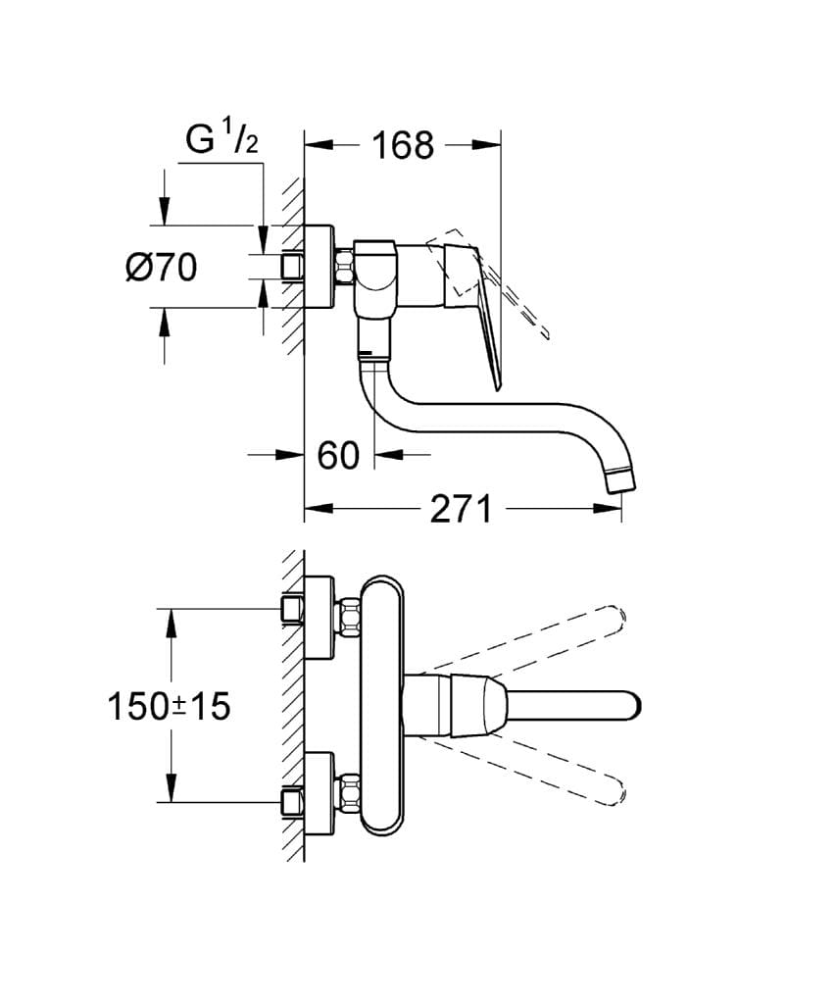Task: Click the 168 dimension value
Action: click(402, 145)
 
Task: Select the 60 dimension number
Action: click(338, 455)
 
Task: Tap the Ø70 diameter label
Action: click(162, 267)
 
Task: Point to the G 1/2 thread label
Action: click(222, 140)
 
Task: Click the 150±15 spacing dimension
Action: click(169, 705)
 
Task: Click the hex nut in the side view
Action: click(343, 267)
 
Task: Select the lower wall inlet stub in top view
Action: click(289, 802)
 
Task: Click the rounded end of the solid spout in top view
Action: click(632, 706)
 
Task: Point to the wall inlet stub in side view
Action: click(291, 267)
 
